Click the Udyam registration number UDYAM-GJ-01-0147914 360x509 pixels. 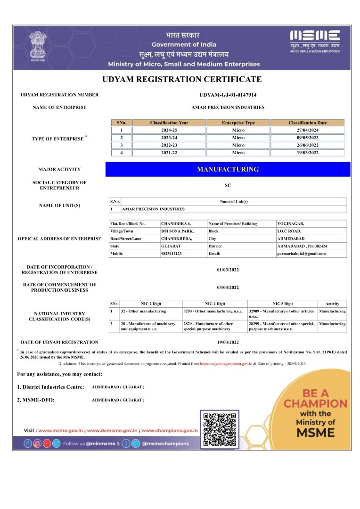228,95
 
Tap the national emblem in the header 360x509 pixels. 36,46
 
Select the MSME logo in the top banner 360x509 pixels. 315,41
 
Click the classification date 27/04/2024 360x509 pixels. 307,130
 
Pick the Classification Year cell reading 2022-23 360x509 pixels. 169,145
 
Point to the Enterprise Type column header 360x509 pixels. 238,123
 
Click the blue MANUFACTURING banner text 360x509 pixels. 228,169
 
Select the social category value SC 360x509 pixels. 228,186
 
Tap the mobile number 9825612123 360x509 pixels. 171,254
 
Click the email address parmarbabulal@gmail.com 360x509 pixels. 301,254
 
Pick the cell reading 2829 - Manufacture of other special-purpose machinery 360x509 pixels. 214,327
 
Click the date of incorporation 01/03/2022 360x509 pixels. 228,270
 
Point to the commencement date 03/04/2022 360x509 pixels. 228,287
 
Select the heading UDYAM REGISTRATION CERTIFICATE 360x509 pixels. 181,79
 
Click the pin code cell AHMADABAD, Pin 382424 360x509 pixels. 302,246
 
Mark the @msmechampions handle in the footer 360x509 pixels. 165,443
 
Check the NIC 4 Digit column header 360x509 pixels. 214,304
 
